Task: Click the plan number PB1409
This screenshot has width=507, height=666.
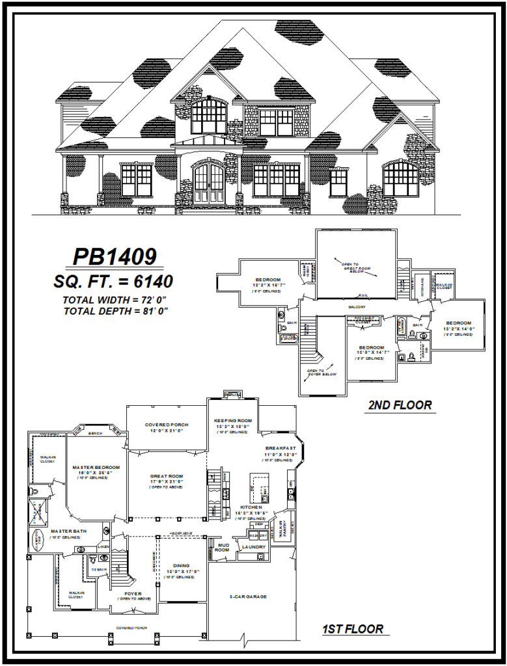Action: tap(115, 257)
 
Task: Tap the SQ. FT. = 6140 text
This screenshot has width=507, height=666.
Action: tap(115, 282)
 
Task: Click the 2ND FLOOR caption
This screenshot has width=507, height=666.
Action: tap(400, 405)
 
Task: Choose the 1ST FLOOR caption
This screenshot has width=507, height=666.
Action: tap(352, 629)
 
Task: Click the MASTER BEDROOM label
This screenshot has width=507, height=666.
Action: tap(96, 467)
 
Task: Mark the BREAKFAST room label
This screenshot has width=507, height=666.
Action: tap(281, 449)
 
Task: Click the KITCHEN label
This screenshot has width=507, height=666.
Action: tap(251, 507)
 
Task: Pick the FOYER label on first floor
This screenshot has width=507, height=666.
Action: tap(133, 593)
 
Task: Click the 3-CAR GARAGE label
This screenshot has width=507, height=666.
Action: tap(249, 596)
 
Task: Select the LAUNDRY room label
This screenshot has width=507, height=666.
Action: tap(253, 547)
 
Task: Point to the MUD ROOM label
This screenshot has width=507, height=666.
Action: tap(223, 546)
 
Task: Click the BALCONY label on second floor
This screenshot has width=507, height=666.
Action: tap(357, 307)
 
